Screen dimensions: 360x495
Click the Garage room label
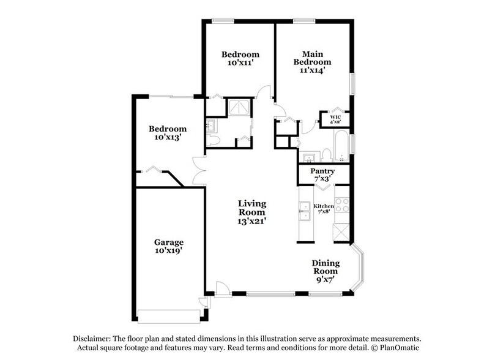pos(168,242)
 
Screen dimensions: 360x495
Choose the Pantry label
pos(322,171)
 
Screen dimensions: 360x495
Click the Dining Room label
pos(326,267)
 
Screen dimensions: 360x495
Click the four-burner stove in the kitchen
pos(341,206)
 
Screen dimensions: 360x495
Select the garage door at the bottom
pos(169,316)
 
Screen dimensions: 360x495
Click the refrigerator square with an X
pos(340,233)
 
